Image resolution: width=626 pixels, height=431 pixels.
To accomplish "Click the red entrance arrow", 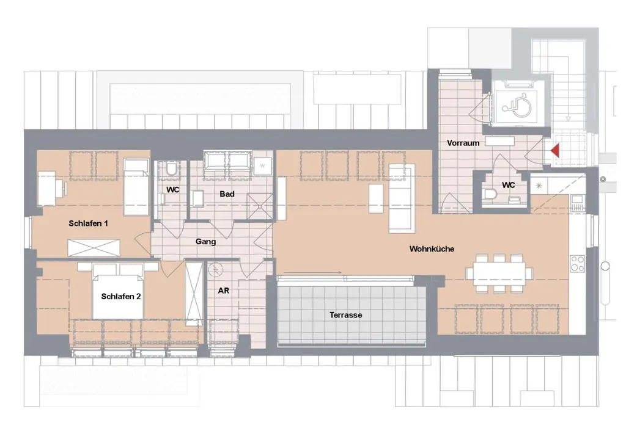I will [556, 150].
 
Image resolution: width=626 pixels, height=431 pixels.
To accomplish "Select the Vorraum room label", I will [463, 143].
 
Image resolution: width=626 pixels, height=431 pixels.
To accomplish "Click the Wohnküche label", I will [432, 248].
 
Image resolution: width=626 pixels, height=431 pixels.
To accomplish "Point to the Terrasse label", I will [346, 315].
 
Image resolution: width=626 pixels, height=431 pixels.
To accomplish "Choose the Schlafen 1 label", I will [88, 223].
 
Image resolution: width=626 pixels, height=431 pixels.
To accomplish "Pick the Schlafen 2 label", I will [121, 297].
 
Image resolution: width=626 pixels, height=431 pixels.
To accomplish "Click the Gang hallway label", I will [205, 242].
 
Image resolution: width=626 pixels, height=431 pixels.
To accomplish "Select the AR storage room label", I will [223, 291].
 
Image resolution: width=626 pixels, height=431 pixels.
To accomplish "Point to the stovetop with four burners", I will [577, 263].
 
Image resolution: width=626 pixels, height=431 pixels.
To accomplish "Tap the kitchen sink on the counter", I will [577, 204].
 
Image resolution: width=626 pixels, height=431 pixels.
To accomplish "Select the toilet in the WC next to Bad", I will [171, 168].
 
